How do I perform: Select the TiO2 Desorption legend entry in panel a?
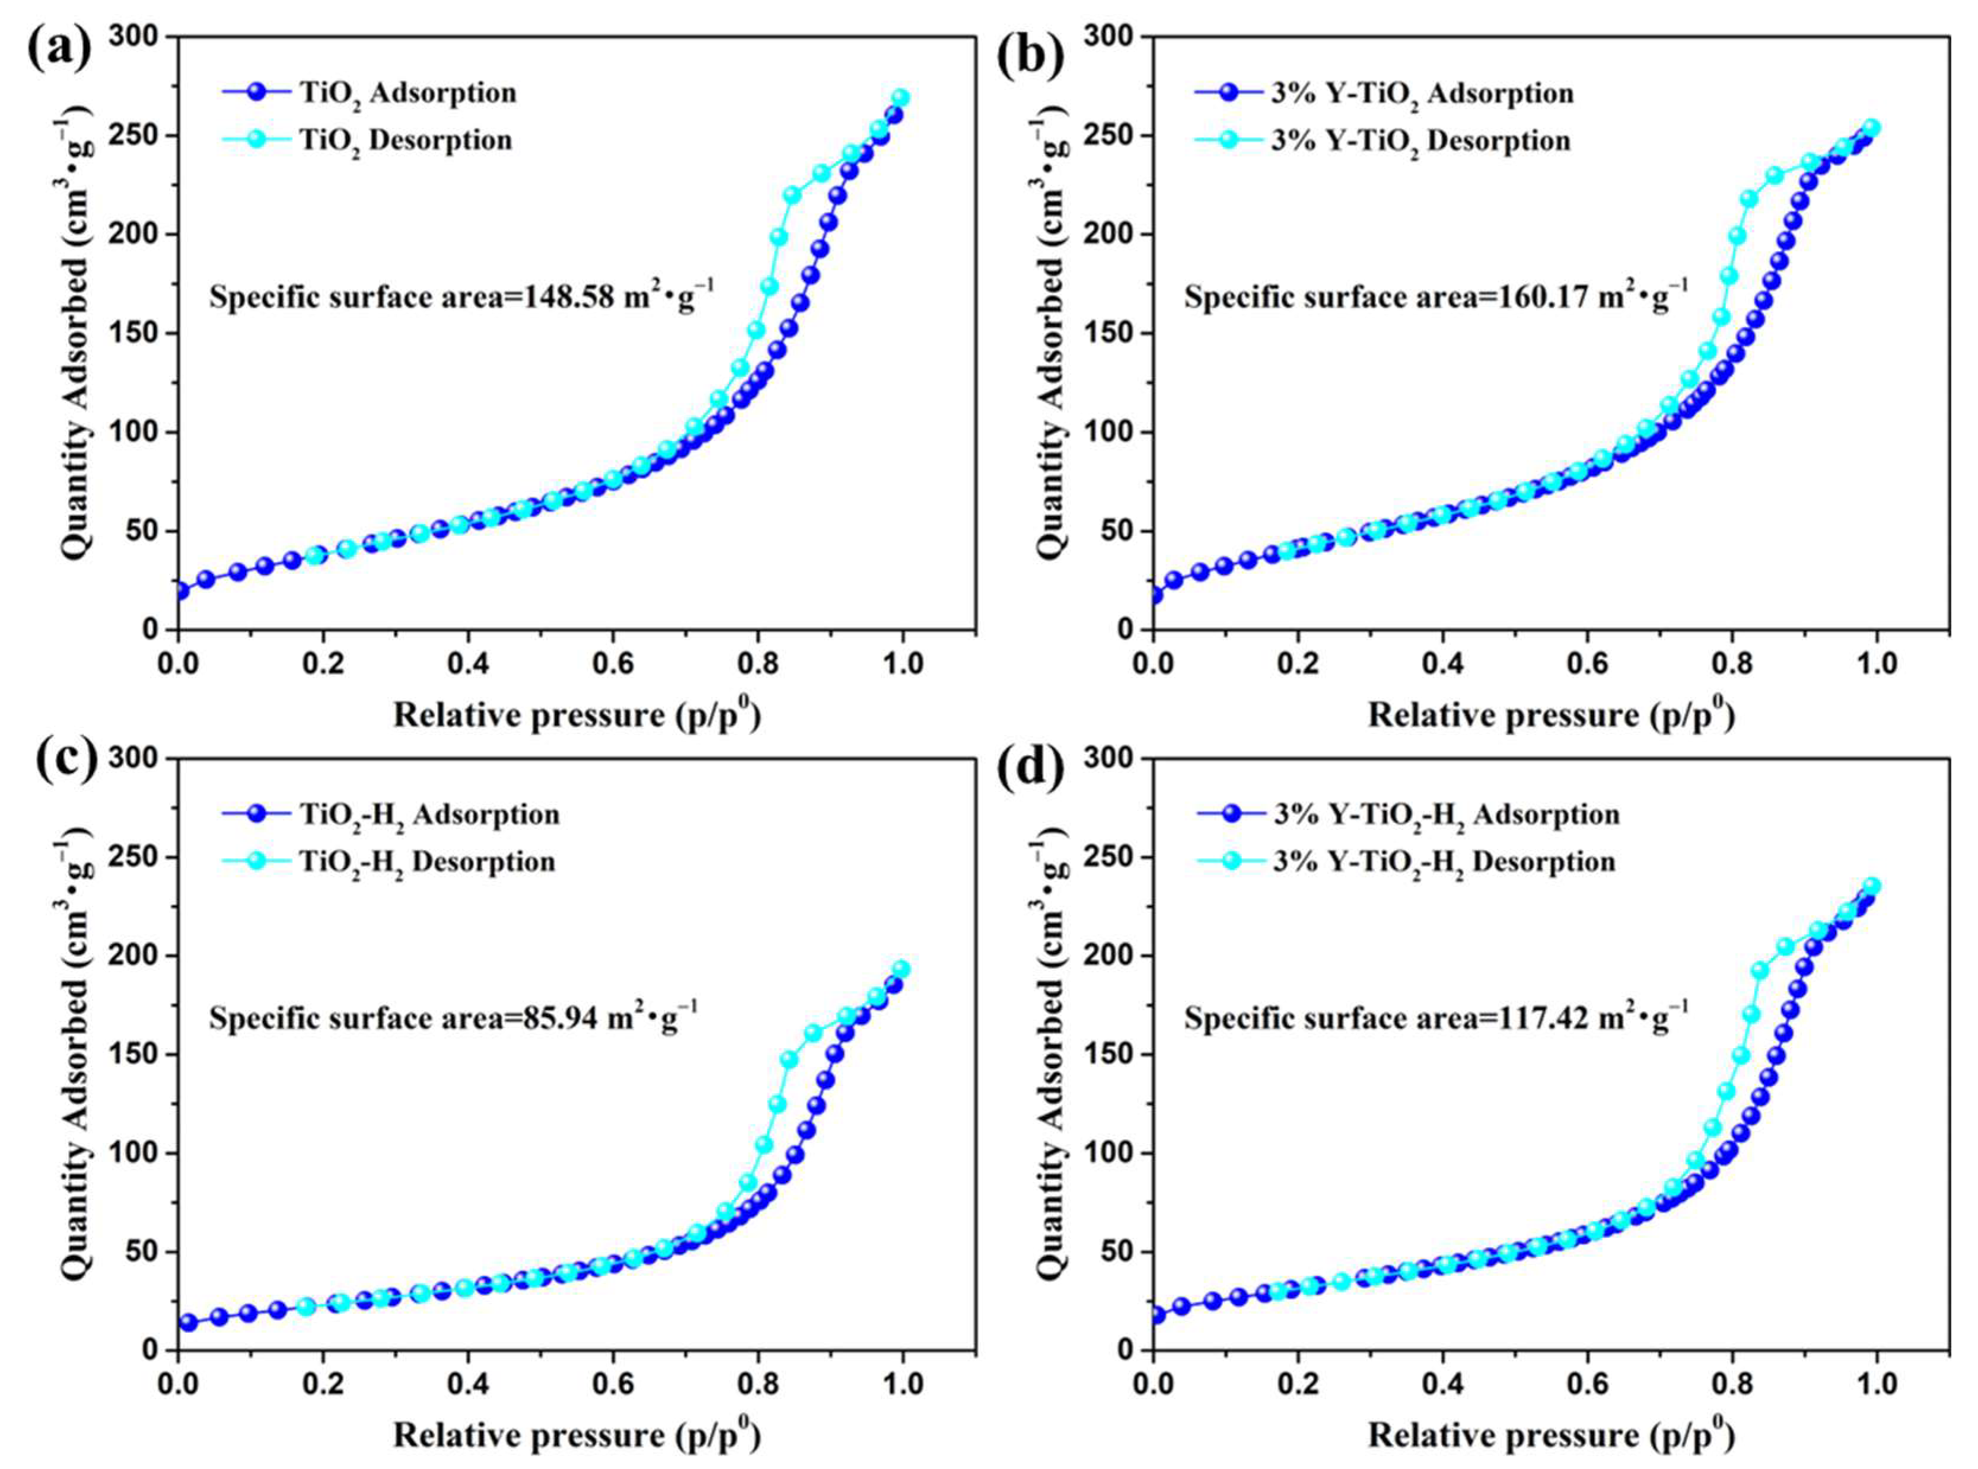(404, 140)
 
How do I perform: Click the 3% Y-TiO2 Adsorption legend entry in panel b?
(1420, 94)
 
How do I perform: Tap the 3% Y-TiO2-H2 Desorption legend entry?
(1442, 862)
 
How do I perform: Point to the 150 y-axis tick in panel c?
(136, 1055)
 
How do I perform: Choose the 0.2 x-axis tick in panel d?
(1298, 1385)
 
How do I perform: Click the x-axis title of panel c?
(576, 1435)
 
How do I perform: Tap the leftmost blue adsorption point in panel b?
(1154, 596)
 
